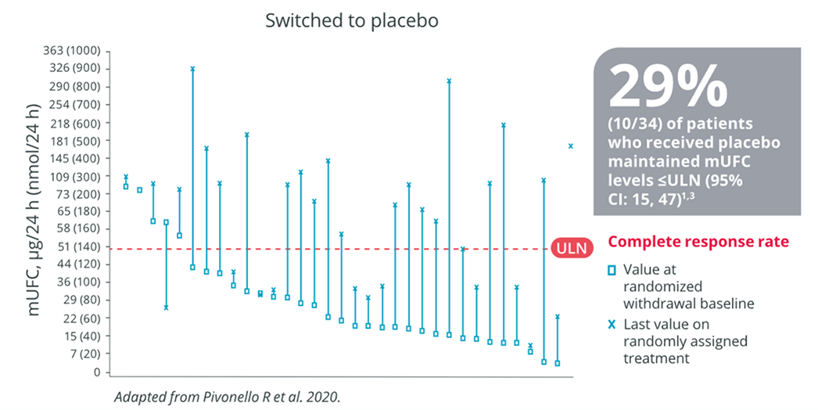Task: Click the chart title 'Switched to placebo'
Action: pos(352,20)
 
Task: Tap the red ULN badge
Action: pos(572,249)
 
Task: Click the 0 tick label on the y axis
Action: pos(97,372)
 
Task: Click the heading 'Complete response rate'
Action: pos(698,242)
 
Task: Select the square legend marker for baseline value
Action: pos(613,271)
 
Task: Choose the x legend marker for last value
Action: pos(613,325)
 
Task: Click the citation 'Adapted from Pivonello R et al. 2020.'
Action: pos(227,397)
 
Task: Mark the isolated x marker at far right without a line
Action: pos(571,146)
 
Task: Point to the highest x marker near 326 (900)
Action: pos(192,68)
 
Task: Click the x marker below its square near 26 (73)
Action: pos(166,307)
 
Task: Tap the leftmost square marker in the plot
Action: pos(126,186)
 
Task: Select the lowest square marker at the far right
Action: pos(557,363)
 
